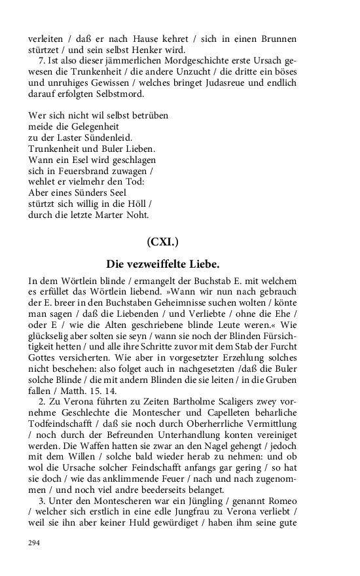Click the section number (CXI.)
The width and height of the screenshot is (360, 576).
162,242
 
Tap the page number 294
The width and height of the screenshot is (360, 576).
33,542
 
